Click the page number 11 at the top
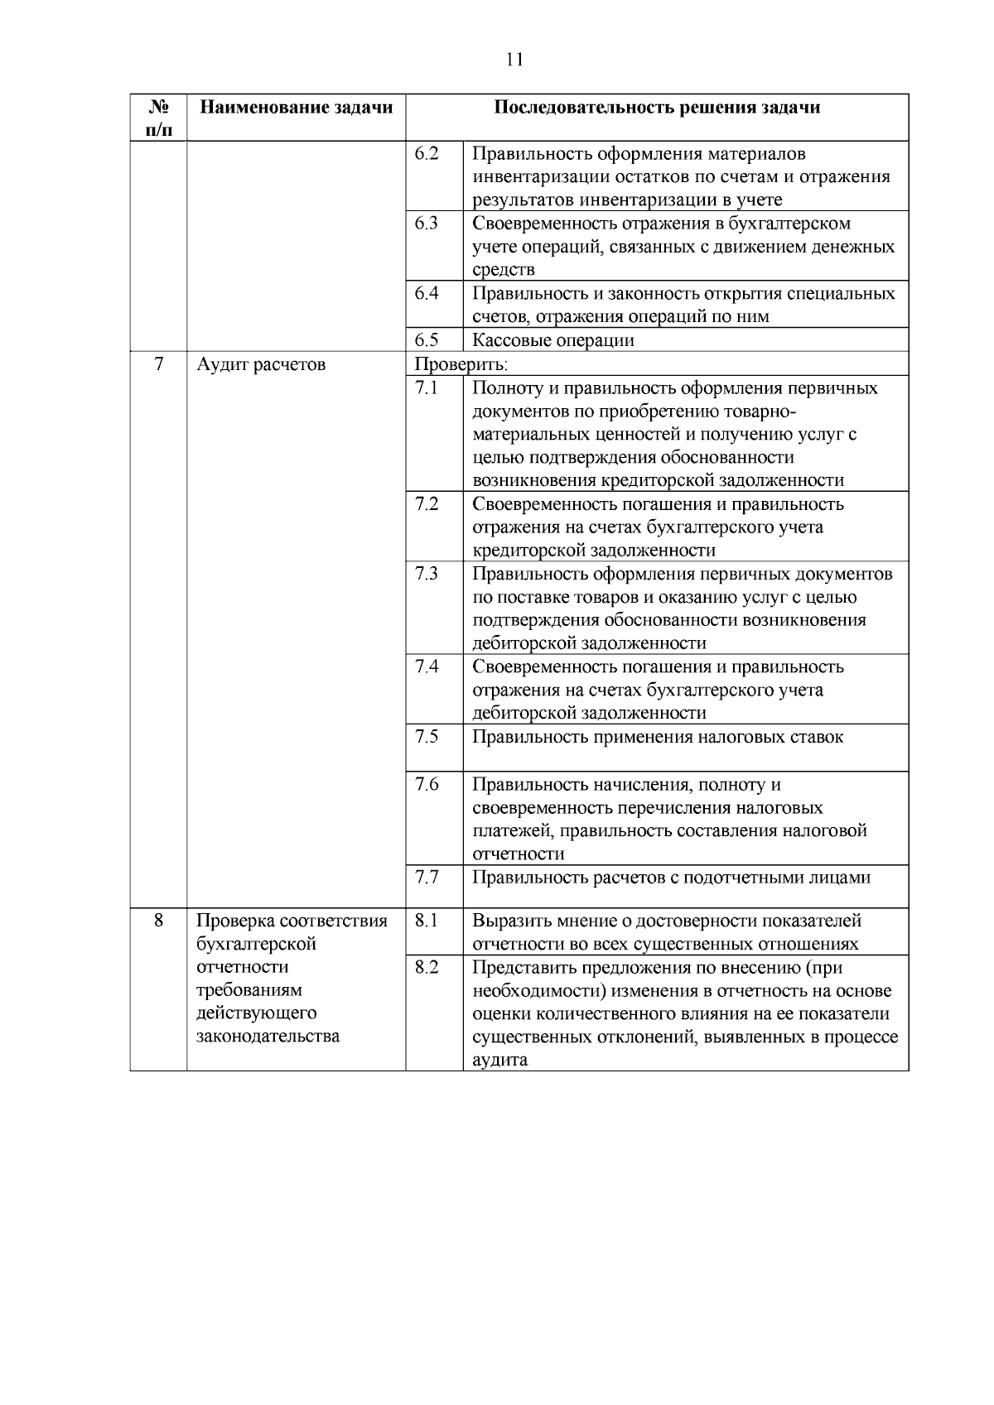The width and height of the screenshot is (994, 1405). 514,60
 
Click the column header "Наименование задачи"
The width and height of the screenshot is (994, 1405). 296,108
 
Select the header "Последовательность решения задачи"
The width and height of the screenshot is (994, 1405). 657,108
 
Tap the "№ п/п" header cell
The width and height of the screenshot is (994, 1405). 159,118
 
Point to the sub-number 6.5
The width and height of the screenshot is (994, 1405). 427,340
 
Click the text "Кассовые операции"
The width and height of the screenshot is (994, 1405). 552,340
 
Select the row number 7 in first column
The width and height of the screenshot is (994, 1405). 159,364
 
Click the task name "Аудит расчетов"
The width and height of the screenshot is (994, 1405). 261,364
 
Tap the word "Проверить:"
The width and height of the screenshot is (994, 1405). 461,364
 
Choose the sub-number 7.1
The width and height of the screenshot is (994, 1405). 427,388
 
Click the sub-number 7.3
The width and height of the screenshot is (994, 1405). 427,574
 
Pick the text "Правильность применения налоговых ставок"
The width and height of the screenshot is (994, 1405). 658,737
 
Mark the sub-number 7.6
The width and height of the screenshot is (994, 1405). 427,784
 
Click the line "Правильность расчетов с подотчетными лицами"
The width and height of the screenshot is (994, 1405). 671,878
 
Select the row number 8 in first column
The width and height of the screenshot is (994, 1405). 159,921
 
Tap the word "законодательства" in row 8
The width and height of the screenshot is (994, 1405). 268,1037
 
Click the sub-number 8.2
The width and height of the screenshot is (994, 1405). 427,967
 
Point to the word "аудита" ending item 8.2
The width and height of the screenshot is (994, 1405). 499,1060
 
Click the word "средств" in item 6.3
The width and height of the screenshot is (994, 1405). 503,270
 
